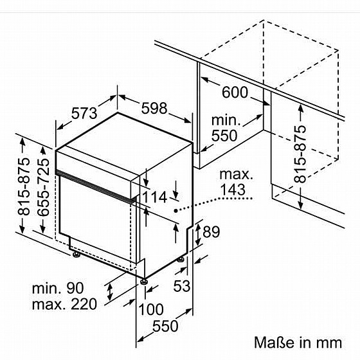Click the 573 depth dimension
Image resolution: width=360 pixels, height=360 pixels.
(84, 113)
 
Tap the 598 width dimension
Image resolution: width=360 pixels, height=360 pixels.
(154, 108)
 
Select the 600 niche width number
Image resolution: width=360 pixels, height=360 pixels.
(235, 93)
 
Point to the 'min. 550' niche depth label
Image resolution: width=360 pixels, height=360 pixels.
(225, 128)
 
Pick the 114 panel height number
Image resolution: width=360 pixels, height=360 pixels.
(155, 197)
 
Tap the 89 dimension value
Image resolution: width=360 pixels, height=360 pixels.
(211, 232)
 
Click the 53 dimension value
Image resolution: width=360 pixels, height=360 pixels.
(182, 286)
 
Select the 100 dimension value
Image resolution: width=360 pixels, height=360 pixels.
(151, 309)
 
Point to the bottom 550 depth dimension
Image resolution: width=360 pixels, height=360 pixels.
(165, 326)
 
